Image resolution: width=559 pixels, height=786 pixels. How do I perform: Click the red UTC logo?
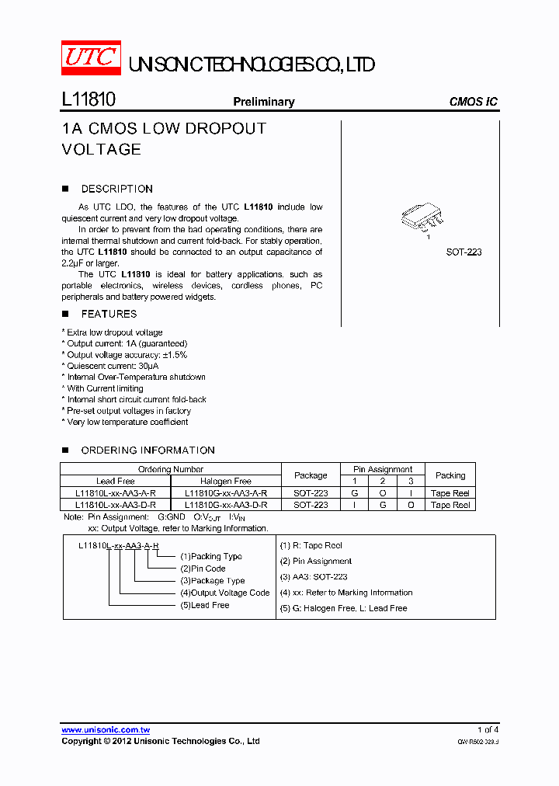pos(91,58)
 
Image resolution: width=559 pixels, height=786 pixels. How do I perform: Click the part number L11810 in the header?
pos(89,101)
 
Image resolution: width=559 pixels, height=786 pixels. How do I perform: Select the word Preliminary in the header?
pos(264,102)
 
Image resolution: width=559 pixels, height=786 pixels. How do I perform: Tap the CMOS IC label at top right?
pos(473,102)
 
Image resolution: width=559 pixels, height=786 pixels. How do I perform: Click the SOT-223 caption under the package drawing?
pos(464,252)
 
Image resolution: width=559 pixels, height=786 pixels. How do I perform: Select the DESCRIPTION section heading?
pos(116,189)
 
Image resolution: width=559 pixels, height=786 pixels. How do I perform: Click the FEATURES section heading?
pos(109,314)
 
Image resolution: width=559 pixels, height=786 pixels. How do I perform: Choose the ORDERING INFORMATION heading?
pos(148,450)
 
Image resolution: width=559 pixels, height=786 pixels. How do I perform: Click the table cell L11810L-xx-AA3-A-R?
pos(116,493)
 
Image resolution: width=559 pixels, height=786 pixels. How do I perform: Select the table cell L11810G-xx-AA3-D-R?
pos(226,505)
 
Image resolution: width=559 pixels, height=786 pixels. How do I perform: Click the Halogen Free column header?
pos(226,482)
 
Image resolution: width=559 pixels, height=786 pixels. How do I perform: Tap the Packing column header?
pos(450,475)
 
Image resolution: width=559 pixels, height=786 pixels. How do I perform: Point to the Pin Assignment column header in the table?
pos(384,469)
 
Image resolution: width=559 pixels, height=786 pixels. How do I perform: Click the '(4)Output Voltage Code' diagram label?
pos(224,593)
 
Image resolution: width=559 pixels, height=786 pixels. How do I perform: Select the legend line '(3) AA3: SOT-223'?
pos(314,577)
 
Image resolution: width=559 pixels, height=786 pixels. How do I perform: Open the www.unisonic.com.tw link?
pos(106,730)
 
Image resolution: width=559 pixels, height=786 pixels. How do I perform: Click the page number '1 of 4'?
pos(488,730)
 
